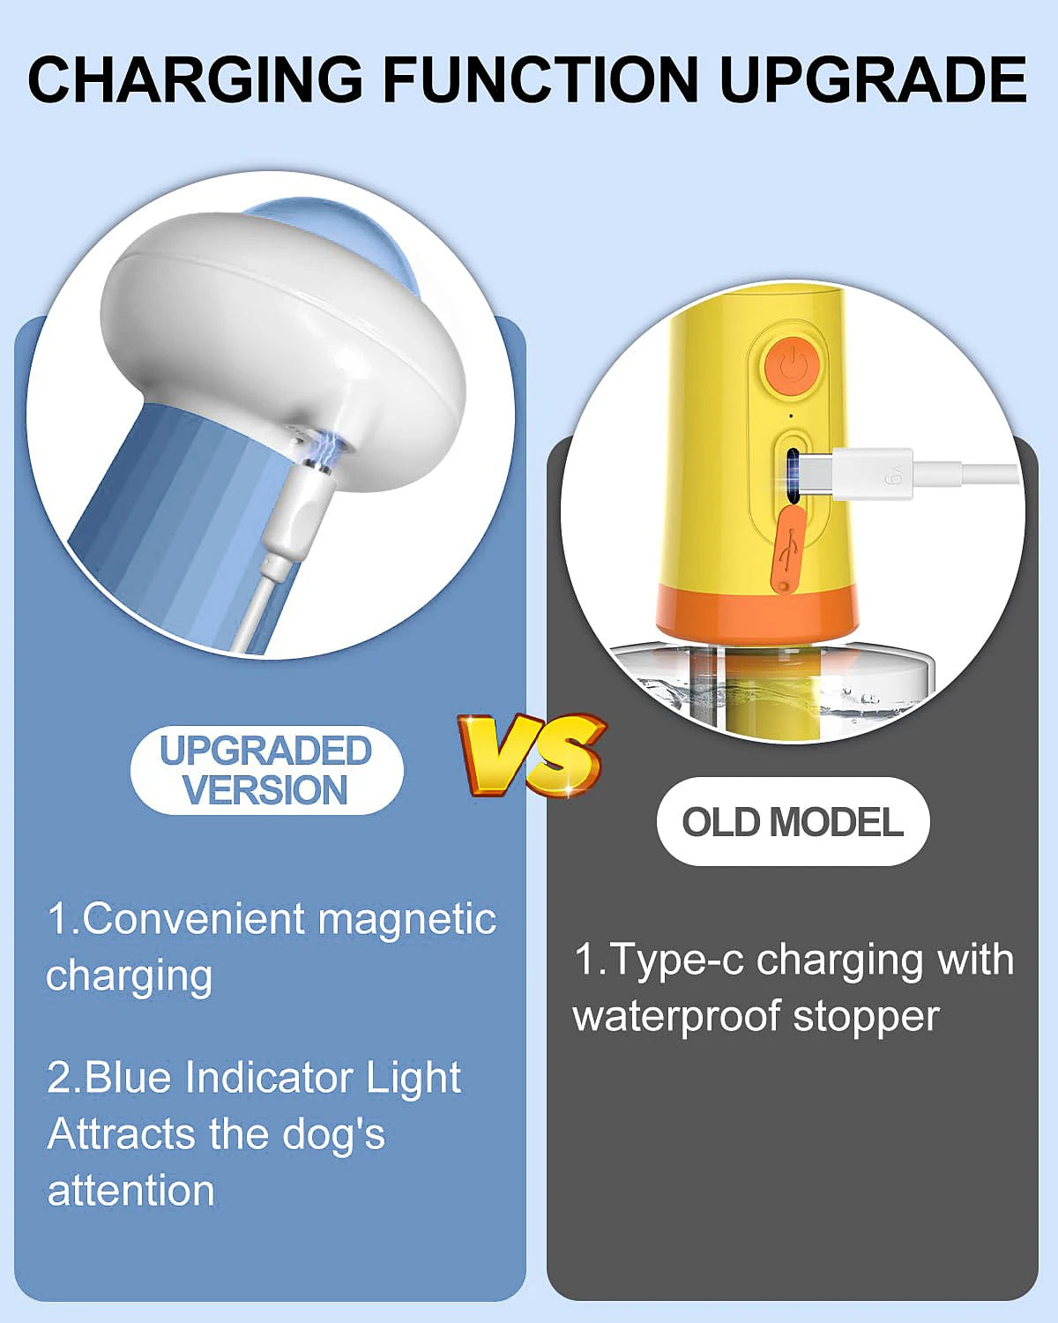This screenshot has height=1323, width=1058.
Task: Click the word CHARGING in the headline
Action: point(196,80)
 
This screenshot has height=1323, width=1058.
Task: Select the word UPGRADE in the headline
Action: point(873,80)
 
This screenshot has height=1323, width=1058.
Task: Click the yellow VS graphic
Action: point(533,755)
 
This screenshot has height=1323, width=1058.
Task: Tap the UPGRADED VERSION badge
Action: point(267,770)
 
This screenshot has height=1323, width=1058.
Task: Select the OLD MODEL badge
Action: point(793,822)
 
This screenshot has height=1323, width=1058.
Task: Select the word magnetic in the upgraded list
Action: point(406,920)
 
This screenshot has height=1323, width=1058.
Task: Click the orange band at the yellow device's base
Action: point(755,609)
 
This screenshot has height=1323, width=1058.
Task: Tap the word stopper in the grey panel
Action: point(866,1018)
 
